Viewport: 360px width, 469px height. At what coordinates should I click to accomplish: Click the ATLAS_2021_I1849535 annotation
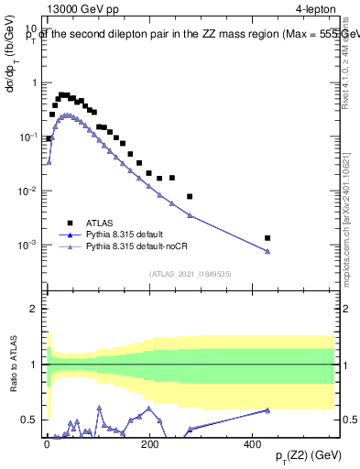(x=191, y=273)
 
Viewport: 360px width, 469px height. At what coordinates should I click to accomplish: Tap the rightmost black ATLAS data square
(x=267, y=238)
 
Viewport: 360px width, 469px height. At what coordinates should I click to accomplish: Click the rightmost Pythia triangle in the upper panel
(x=267, y=252)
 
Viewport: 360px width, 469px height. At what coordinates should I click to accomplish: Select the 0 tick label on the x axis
(x=47, y=442)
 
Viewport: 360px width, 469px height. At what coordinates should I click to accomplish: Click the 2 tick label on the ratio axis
(x=35, y=309)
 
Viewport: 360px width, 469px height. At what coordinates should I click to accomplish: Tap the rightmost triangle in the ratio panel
(x=267, y=410)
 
